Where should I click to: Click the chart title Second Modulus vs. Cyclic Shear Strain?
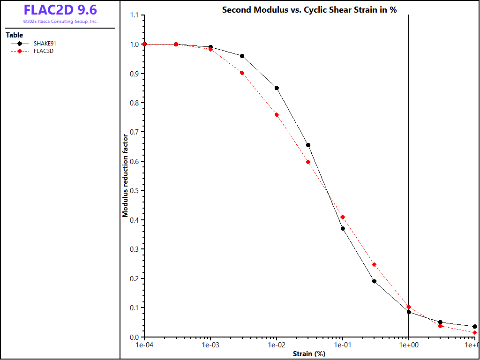pyautogui.click(x=309, y=10)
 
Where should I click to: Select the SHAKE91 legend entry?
pyautogui.click(x=45, y=44)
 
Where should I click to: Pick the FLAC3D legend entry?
pyautogui.click(x=43, y=51)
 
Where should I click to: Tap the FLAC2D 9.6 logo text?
pyautogui.click(x=60, y=10)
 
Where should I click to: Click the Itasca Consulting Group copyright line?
pyautogui.click(x=60, y=22)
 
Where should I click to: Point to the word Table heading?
pyautogui.click(x=14, y=35)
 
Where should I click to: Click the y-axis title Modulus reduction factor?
pyautogui.click(x=125, y=176)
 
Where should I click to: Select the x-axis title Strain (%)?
pyautogui.click(x=309, y=354)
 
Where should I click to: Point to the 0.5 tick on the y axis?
pyautogui.click(x=134, y=191)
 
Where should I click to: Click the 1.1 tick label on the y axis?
pyautogui.click(x=134, y=15)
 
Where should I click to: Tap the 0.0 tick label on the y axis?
pyautogui.click(x=134, y=337)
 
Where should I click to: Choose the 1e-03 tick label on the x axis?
pyautogui.click(x=210, y=345)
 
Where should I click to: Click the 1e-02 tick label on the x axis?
pyautogui.click(x=277, y=345)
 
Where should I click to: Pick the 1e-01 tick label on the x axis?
pyautogui.click(x=343, y=345)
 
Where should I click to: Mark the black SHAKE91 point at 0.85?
pyautogui.click(x=277, y=88)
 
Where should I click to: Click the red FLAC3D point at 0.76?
pyautogui.click(x=277, y=115)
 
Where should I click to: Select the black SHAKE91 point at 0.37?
pyautogui.click(x=343, y=229)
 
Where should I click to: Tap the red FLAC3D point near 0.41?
pyautogui.click(x=343, y=217)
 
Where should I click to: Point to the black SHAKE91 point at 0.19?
pyautogui.click(x=374, y=281)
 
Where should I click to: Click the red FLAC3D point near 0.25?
pyautogui.click(x=374, y=264)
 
